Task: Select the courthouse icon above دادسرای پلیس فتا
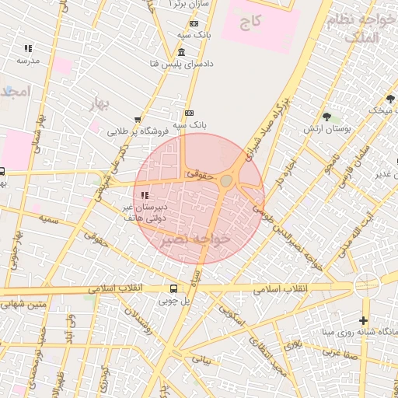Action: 181,52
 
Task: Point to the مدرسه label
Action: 27,61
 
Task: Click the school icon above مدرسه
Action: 27,48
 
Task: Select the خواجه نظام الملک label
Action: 358,29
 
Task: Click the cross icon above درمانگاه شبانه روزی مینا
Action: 363,320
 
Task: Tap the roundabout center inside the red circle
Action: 226,181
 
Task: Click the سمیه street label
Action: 49,221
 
